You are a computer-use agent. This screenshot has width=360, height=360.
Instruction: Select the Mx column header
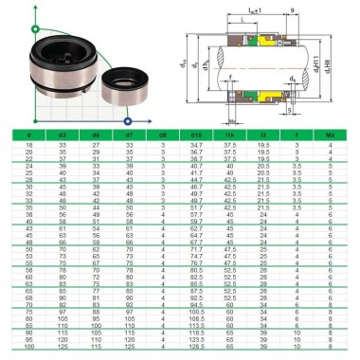coord(329,136)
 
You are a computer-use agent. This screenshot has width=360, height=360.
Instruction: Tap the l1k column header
coord(229,136)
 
